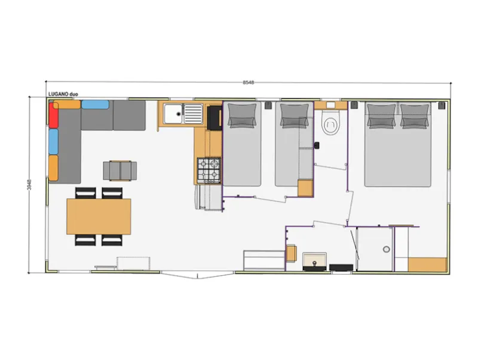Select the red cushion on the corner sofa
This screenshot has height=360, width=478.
(x=54, y=114)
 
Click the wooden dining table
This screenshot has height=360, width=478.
(x=99, y=216)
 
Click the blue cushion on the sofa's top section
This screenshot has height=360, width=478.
(x=95, y=105)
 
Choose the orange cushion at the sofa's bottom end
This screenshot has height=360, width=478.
(x=54, y=168)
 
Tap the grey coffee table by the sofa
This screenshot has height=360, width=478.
(x=120, y=170)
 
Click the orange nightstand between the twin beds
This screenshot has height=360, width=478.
(x=305, y=188)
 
